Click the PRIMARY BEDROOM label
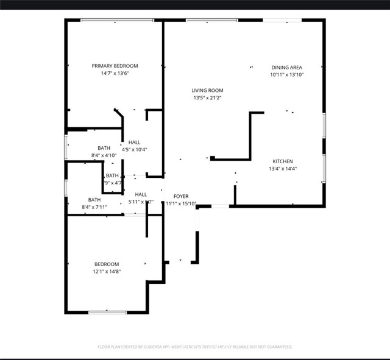click(x=115, y=66)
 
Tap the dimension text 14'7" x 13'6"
click(x=115, y=73)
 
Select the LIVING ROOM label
click(x=207, y=90)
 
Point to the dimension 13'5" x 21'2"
click(x=207, y=97)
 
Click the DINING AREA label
click(x=286, y=68)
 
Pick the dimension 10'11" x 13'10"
click(x=286, y=75)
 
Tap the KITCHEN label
click(x=283, y=161)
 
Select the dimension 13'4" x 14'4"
click(x=283, y=169)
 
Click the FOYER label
click(x=181, y=196)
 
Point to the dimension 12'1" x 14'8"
click(x=107, y=271)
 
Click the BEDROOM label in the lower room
click(x=107, y=264)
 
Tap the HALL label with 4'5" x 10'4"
click(x=134, y=142)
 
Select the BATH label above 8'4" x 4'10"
click(x=104, y=148)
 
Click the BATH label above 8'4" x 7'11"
click(x=94, y=200)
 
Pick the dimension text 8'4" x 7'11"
click(x=94, y=207)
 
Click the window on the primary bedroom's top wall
click(x=117, y=20)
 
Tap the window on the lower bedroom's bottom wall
click(x=107, y=312)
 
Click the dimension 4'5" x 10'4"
click(x=134, y=149)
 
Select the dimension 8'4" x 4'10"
click(x=104, y=155)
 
